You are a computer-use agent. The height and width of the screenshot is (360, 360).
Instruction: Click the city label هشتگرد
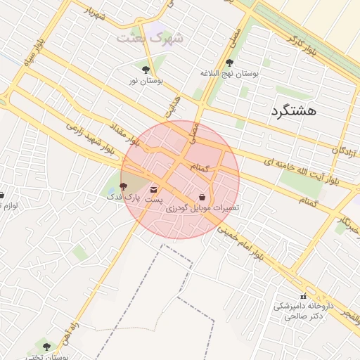(294, 110)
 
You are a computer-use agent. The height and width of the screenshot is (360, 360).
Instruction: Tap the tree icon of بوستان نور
(146, 70)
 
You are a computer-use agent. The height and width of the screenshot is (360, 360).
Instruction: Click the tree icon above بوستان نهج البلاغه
(230, 63)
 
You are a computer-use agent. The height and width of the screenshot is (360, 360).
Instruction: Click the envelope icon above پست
(154, 190)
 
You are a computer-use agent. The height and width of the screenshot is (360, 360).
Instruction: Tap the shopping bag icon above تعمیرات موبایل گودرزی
(202, 198)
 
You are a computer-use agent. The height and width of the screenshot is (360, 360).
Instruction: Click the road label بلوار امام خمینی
(241, 243)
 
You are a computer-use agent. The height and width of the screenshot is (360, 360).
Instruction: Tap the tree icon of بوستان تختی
(46, 347)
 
